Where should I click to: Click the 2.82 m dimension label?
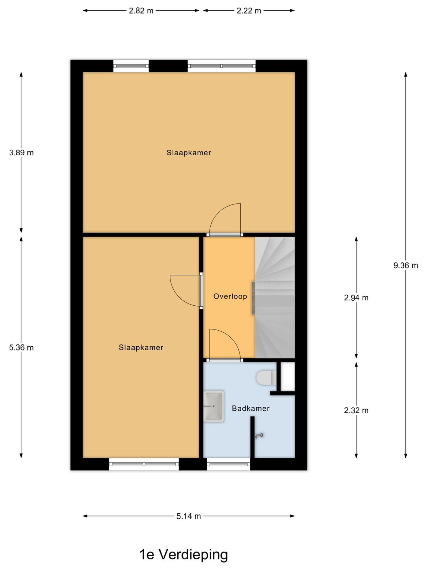141,11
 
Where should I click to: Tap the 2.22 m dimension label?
249,11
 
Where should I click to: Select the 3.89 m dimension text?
21,153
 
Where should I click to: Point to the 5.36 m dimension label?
21,347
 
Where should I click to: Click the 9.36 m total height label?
406,265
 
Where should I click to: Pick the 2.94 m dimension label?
356,297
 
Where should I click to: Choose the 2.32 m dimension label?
356,410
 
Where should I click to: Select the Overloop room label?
230,296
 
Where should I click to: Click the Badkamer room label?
251,409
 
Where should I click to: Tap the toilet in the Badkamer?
266,377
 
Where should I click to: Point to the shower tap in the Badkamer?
259,435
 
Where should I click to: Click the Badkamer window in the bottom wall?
228,464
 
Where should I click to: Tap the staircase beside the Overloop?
275,297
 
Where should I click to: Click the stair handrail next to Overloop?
253,298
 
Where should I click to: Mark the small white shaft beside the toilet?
288,376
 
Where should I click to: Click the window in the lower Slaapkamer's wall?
144,464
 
